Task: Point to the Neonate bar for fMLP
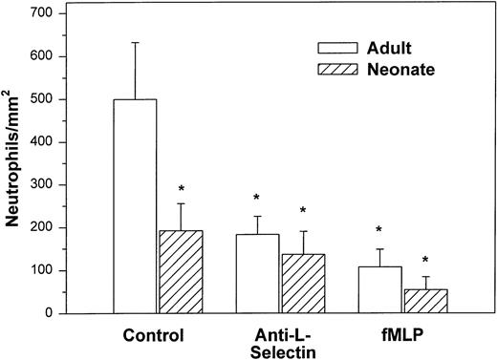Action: (x=425, y=302)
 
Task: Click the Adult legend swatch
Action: (x=340, y=47)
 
